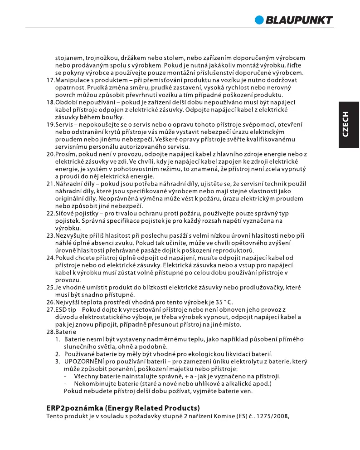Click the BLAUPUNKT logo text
click(299, 20)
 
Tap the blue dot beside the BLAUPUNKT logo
click(259, 20)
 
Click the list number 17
click(51, 80)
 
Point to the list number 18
click(51, 103)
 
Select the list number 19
click(51, 124)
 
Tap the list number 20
click(51, 154)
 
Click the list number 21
click(51, 184)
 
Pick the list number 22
click(51, 213)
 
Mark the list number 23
click(51, 235)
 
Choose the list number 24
click(51, 258)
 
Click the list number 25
click(51, 287)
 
